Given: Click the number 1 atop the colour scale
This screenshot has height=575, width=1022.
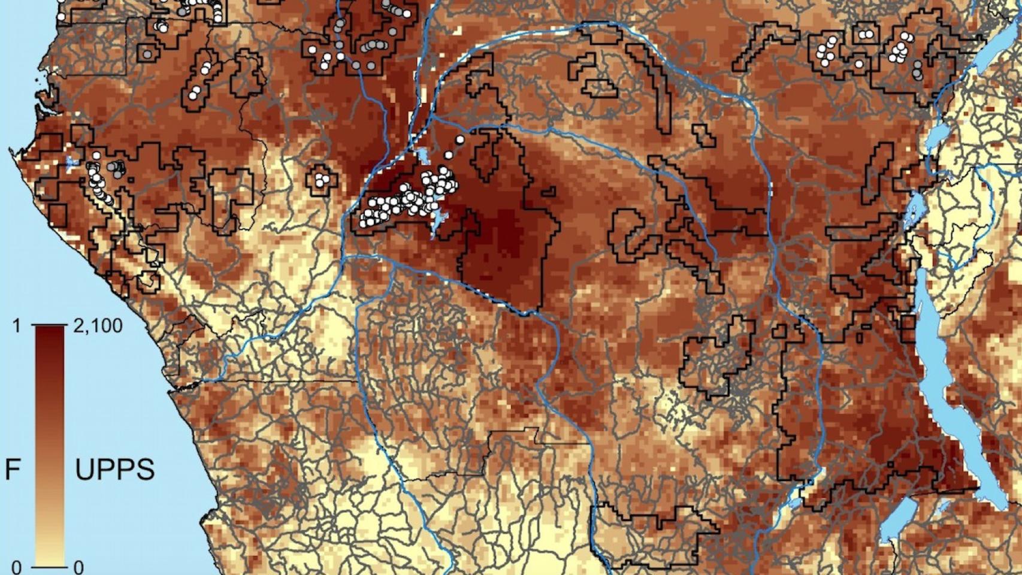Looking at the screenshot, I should pyautogui.click(x=17, y=327).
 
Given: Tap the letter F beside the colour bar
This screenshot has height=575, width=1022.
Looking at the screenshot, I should pyautogui.click(x=12, y=470).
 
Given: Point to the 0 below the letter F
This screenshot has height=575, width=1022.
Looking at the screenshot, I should pyautogui.click(x=17, y=567).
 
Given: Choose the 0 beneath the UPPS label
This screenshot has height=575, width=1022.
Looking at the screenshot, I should pyautogui.click(x=78, y=567).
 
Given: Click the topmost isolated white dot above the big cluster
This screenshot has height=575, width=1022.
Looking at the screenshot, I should pyautogui.click(x=459, y=140).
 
